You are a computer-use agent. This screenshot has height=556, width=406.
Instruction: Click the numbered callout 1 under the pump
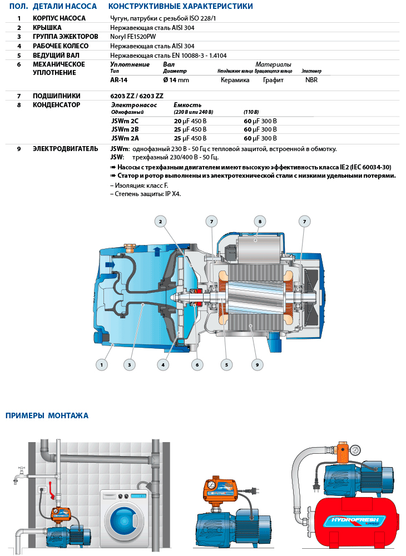(101, 365)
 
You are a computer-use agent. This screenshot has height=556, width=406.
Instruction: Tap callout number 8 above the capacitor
(259, 221)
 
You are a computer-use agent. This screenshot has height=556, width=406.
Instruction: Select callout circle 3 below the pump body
(129, 365)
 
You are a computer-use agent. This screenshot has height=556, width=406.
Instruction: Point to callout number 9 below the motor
(256, 365)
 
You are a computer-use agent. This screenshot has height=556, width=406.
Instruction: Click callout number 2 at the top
(160, 222)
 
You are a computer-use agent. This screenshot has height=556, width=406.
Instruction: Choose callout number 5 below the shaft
(226, 365)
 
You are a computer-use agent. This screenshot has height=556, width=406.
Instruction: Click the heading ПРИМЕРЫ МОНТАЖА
(47, 415)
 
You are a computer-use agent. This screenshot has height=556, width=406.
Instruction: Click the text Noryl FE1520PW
(133, 37)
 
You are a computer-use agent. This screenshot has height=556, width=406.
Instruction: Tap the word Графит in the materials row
(273, 80)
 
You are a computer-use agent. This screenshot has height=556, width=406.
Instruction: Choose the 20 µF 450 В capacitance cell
(190, 121)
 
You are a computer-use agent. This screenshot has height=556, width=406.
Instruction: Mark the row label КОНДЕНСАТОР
(56, 104)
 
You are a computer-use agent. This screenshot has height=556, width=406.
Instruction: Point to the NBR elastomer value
(311, 80)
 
